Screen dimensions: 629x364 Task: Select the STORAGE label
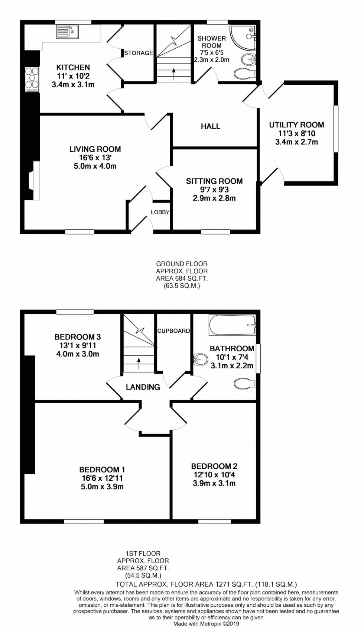coord(139,53)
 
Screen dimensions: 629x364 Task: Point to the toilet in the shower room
coord(246,73)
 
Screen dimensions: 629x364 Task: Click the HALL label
coord(211,126)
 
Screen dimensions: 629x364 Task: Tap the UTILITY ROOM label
coord(296,125)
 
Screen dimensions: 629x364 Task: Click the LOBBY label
coord(160,212)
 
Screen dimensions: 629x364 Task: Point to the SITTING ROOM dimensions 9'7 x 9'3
coord(214,190)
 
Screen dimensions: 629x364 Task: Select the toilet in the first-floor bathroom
coord(245,383)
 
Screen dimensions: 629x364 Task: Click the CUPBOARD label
coord(173,330)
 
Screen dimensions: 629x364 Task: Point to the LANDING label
coord(143,387)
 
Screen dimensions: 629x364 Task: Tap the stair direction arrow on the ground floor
coord(173,72)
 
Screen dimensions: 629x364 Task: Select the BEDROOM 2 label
coord(214,466)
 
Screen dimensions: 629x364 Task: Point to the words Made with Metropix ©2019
coord(206,624)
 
